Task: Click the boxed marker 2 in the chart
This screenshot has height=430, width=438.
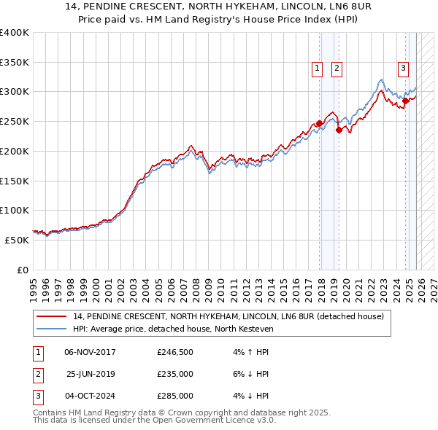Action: point(337,69)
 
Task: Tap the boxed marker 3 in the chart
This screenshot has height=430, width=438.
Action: point(403,69)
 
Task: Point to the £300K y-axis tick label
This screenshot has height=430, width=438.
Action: point(14,92)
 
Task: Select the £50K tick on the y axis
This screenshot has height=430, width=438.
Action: point(16,240)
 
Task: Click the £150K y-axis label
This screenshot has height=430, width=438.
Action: point(14,181)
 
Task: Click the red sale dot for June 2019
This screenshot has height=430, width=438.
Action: point(339,130)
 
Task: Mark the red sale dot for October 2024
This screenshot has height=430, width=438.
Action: point(406,101)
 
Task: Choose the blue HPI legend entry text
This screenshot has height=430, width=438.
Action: point(172,329)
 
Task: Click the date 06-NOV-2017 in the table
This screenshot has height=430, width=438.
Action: point(90,352)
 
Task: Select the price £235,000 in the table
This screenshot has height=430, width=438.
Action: point(174,374)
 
